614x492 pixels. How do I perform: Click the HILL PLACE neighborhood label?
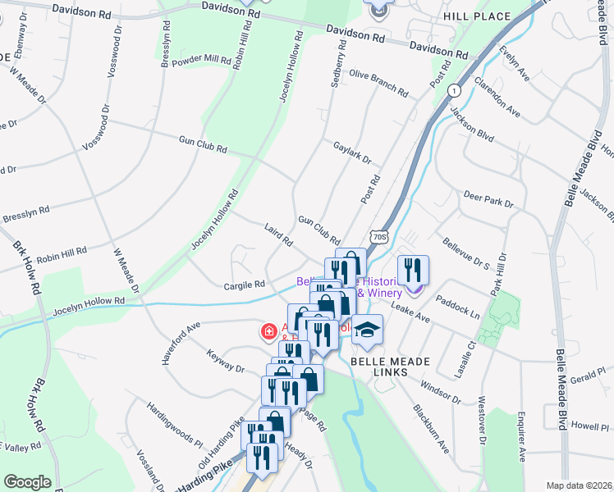(x=488, y=16)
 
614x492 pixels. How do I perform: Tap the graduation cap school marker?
(x=368, y=330)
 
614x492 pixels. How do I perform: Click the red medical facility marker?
(x=268, y=332)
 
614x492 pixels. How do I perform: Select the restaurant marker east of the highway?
(x=413, y=270)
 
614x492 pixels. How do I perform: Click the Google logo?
(x=27, y=481)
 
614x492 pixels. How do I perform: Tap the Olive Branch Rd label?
(x=378, y=82)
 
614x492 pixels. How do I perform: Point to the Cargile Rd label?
(x=245, y=285)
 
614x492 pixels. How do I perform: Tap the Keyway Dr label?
(x=227, y=362)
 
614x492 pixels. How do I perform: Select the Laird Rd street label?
(x=278, y=235)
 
